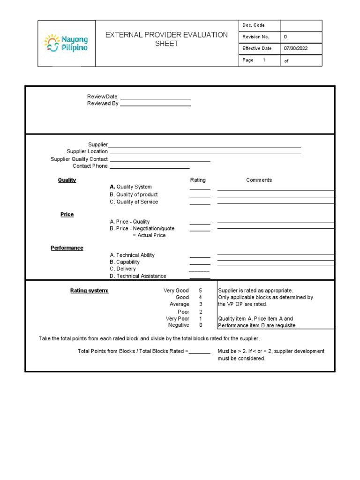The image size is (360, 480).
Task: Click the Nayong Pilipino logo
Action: pyautogui.click(x=66, y=43)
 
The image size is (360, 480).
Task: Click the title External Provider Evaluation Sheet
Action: pyautogui.click(x=166, y=39)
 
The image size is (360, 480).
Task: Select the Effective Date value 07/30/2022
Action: pyautogui.click(x=295, y=48)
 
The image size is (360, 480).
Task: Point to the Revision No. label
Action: pyautogui.click(x=255, y=37)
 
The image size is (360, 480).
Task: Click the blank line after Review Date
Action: pyautogui.click(x=156, y=97)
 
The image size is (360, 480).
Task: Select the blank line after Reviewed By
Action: pyautogui.click(x=156, y=104)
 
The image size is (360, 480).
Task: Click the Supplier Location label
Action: pyautogui.click(x=87, y=151)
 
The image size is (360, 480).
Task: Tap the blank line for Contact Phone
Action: pyautogui.click(x=150, y=166)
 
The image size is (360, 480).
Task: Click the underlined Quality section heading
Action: pyautogui.click(x=67, y=180)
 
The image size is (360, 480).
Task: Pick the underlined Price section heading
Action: pyautogui.click(x=67, y=214)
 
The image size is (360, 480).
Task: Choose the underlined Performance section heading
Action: pyautogui.click(x=67, y=248)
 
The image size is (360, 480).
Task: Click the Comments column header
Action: pyautogui.click(x=259, y=180)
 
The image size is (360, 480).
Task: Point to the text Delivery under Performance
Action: pyautogui.click(x=126, y=269)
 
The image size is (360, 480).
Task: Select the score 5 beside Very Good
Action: pyautogui.click(x=201, y=291)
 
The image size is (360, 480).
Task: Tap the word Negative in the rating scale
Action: pyautogui.click(x=179, y=325)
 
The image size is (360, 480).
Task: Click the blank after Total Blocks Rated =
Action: pyautogui.click(x=200, y=352)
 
